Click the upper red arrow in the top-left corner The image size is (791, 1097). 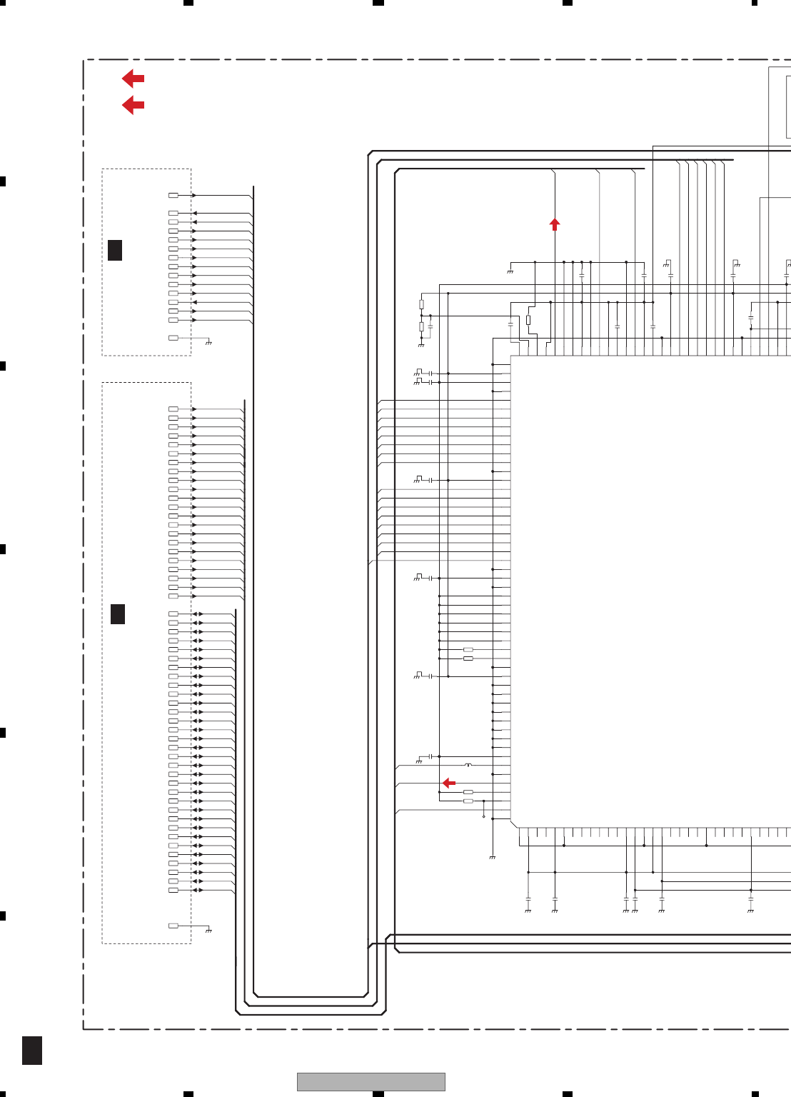133,79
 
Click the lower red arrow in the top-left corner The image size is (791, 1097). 133,105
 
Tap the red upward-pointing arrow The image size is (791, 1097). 555,224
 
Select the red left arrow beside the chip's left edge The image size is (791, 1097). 448,783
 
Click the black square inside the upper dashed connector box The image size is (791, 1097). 115,250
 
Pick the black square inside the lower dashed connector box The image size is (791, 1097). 118,614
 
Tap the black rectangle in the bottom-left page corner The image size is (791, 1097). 32,1050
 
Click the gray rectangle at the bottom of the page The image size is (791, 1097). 371,1081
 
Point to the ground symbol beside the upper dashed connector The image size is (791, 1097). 208,343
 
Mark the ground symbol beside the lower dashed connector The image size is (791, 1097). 208,931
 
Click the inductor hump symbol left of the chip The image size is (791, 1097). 468,765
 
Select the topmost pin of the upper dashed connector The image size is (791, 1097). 173,195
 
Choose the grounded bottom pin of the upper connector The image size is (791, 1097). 173,338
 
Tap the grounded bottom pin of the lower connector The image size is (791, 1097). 173,926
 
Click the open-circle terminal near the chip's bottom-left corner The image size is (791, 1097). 484,816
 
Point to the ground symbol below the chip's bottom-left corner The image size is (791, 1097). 493,857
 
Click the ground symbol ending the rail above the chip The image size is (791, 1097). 510,271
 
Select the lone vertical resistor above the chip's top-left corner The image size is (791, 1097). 528,320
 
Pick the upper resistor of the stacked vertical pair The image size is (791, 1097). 421,304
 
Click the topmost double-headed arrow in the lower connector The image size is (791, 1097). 198,614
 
